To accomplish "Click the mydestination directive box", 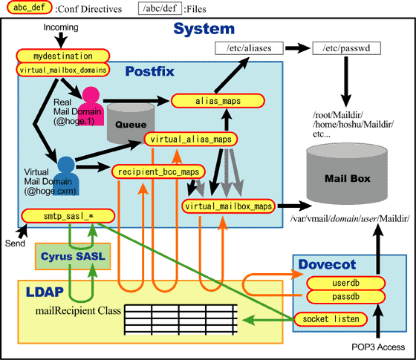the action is click(x=63, y=56).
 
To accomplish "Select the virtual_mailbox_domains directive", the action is click(x=63, y=70).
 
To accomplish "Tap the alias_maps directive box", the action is click(x=218, y=101).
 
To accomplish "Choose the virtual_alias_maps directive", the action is click(x=191, y=140).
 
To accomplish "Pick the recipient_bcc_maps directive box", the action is click(x=158, y=171).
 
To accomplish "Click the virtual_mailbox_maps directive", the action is click(x=229, y=206).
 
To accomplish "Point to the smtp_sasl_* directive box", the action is click(x=68, y=216).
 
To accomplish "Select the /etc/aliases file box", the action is click(x=249, y=48).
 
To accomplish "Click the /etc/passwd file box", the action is click(x=346, y=48).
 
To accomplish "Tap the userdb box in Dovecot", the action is click(x=345, y=283).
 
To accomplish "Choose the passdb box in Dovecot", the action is click(x=345, y=297).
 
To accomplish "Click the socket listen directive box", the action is click(x=331, y=319).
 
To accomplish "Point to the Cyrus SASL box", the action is click(x=73, y=256).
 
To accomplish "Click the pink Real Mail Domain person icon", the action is click(x=91, y=106).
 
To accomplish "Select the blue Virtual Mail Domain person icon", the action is click(x=66, y=177).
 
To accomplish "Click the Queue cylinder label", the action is click(x=131, y=125).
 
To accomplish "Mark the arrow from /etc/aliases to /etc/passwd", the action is click(x=298, y=48).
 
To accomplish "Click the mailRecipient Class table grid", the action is click(x=181, y=320).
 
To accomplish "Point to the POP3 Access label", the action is click(x=378, y=347).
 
